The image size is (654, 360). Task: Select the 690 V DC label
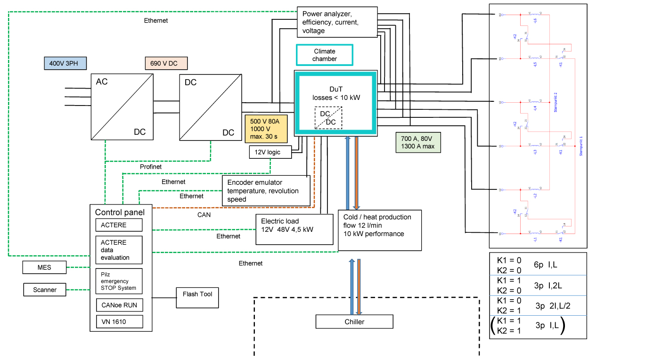tap(166, 64)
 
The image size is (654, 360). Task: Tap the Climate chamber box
tap(324, 55)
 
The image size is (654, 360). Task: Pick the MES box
tap(45, 268)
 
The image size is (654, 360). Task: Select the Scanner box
tap(45, 290)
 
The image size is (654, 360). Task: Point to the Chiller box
tap(354, 322)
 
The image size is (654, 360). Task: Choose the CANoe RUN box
tap(119, 305)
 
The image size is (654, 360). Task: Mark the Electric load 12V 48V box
tap(294, 229)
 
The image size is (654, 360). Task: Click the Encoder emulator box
tap(266, 191)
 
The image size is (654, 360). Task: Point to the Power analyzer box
tap(337, 22)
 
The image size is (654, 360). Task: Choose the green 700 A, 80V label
tap(418, 142)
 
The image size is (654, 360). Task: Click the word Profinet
tap(151, 167)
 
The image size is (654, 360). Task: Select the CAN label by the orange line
tap(204, 215)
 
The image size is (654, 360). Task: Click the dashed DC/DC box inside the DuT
tap(328, 118)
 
